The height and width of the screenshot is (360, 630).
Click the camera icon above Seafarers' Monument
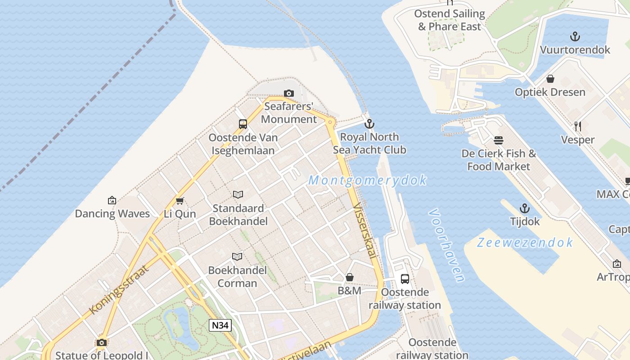[x=289, y=94]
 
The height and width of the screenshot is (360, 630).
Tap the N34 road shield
[x=220, y=325]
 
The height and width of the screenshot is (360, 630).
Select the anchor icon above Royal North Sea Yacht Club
[x=369, y=124]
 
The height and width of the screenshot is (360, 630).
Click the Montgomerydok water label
[x=367, y=180]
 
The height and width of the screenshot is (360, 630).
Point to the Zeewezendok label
[x=525, y=243]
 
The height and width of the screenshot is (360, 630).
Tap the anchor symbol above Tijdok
[x=525, y=208]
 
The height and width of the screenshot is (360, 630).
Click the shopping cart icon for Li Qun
[x=180, y=201]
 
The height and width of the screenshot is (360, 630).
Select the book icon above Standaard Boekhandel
[x=238, y=194]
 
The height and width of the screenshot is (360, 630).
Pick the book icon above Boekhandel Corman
[x=237, y=256]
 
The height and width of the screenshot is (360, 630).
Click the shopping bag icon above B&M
[x=350, y=277]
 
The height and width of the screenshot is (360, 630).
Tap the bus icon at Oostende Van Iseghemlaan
[x=243, y=124]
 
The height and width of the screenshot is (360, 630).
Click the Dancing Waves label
[x=112, y=213]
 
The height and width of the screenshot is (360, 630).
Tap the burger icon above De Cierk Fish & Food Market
[x=499, y=140]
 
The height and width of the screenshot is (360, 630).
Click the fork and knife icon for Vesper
[x=578, y=126]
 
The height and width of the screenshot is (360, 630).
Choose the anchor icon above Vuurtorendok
[x=575, y=36]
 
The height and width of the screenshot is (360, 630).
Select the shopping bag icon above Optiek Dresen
[x=550, y=79]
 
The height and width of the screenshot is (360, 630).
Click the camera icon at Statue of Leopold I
[x=102, y=342]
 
